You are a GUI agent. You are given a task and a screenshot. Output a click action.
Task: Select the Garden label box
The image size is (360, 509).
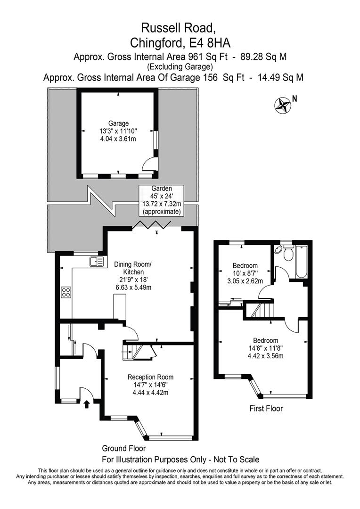click(x=161, y=200)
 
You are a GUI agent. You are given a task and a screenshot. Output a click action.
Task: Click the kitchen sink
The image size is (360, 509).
click(x=96, y=261)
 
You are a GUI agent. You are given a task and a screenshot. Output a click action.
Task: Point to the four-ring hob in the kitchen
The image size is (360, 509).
click(x=66, y=292)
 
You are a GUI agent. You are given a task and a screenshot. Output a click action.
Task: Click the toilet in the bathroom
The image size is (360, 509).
click(x=287, y=253)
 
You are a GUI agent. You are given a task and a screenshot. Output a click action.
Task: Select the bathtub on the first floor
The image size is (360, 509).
click(x=302, y=262)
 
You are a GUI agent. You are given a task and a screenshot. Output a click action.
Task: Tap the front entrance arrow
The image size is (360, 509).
click(x=86, y=404)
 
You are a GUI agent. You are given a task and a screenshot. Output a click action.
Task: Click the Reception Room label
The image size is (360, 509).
click(x=150, y=385)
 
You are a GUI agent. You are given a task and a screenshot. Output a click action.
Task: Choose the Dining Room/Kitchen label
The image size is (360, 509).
click(x=133, y=276)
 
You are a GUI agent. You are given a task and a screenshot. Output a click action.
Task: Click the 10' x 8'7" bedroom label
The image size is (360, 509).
click(x=245, y=273)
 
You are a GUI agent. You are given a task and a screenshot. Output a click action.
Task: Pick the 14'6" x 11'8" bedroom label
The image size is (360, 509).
click(x=266, y=348)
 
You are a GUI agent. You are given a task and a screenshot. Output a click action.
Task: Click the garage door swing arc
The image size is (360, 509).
click(x=150, y=162)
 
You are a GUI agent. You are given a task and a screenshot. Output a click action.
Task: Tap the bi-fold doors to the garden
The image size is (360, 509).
click(x=152, y=224)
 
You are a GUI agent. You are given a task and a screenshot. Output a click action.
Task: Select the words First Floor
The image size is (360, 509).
click(x=266, y=408)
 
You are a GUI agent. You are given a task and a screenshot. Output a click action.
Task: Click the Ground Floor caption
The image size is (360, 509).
click(x=123, y=448)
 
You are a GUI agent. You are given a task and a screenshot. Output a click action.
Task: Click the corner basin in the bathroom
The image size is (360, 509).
click(x=278, y=250)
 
